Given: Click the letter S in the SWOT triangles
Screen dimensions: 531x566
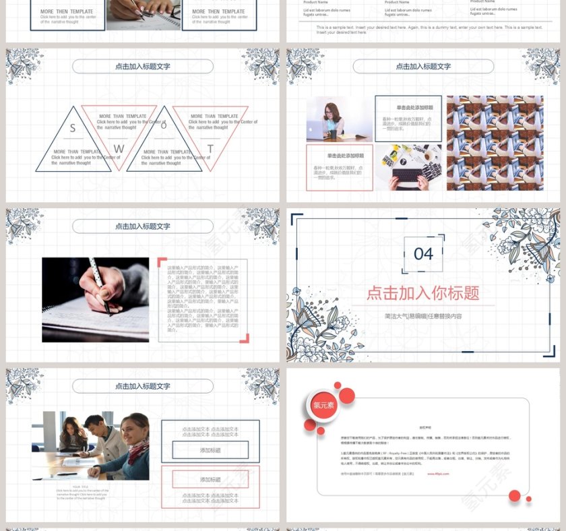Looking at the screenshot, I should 73,128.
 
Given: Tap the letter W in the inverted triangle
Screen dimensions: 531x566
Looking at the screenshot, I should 119,148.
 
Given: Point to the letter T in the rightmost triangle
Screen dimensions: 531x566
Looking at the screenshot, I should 210,148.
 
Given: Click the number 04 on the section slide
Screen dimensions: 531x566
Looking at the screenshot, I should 423,254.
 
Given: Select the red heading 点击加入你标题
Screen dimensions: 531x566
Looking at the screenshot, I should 422,292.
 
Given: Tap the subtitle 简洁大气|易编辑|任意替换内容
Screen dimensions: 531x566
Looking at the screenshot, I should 422,316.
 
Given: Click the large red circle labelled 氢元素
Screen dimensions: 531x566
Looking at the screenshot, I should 324,405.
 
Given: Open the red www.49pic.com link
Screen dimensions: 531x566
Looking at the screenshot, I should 438,474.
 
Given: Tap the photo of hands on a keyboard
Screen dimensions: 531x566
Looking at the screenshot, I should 408,168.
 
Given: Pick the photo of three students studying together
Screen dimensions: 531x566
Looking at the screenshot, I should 90,446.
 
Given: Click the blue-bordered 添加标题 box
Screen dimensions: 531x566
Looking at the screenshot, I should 210,450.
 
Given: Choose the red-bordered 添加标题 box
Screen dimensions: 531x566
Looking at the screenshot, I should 210,479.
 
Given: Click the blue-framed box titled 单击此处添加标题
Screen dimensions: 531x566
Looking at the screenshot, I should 408,119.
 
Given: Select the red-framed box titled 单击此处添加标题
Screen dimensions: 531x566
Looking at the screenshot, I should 339,167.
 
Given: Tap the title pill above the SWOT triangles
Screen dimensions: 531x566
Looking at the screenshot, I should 143,67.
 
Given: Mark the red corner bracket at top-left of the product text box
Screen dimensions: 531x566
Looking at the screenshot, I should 162,261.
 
